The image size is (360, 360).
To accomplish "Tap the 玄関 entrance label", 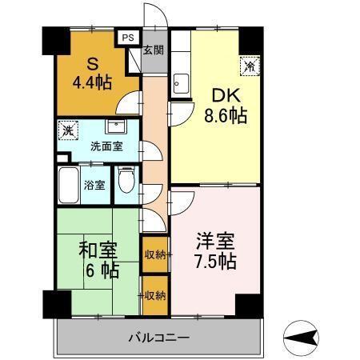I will (x=153, y=50).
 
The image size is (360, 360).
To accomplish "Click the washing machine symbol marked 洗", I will (x=69, y=130).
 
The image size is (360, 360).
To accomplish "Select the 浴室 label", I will (x=94, y=186).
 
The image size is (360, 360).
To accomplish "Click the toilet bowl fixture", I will (x=126, y=182).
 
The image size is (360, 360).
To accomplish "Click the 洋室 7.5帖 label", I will (x=216, y=250).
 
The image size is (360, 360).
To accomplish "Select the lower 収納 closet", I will (x=154, y=295).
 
